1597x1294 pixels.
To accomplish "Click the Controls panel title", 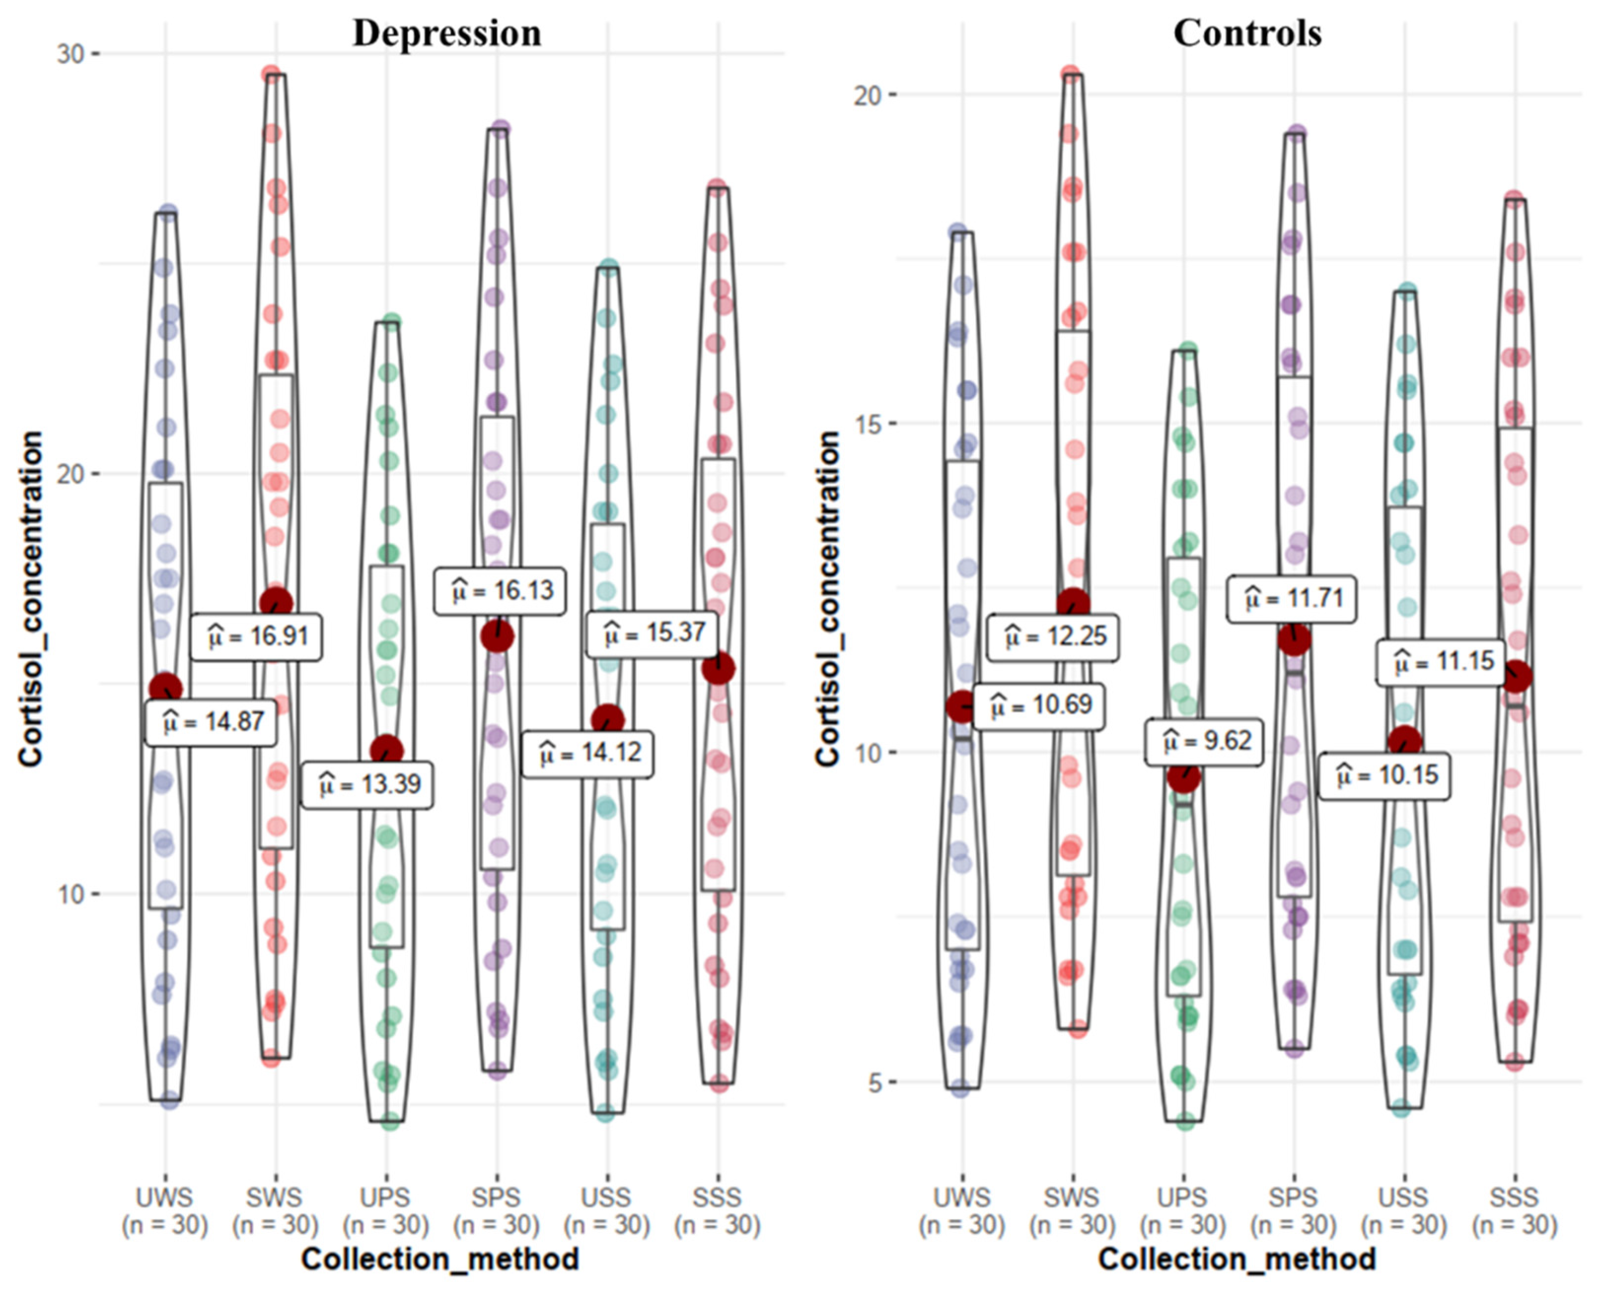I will (1247, 34).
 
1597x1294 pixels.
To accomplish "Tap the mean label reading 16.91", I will (256, 637).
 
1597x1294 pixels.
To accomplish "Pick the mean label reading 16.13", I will (500, 592).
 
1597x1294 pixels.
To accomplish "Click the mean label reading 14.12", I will (587, 754).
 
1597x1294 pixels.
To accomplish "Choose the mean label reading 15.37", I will (653, 634).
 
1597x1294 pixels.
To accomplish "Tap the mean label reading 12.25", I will (1053, 637).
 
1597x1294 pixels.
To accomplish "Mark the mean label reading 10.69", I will (1039, 705).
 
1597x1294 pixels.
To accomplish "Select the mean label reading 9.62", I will (1204, 742).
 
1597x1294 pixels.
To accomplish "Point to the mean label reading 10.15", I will (1384, 776).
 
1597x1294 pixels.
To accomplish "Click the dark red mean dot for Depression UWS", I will (166, 689).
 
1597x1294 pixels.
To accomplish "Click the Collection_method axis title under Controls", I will (1237, 1259).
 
